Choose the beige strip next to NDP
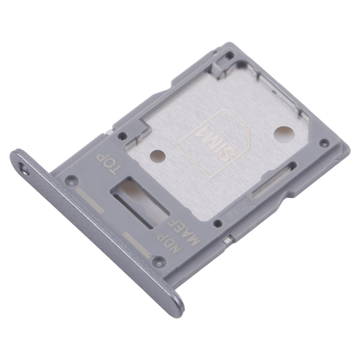(139, 244)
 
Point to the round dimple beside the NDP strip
(159, 262)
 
